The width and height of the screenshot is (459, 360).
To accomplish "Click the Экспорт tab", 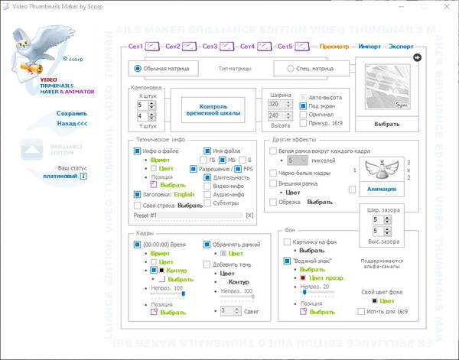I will pos(402,46).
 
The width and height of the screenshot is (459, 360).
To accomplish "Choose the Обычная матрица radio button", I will pos(138,68).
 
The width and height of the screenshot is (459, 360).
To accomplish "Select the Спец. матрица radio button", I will pos(291,68).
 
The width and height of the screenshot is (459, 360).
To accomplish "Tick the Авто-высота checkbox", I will pos(303,97).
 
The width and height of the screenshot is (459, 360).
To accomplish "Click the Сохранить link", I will pos(72,113).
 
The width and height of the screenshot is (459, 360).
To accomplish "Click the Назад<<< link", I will pos(72,122).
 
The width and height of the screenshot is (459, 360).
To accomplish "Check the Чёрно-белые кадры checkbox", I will pos(272,174).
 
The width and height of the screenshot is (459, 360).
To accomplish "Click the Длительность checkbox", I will pos(207,177).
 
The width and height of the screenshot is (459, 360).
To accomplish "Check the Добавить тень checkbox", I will pos(207,264).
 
